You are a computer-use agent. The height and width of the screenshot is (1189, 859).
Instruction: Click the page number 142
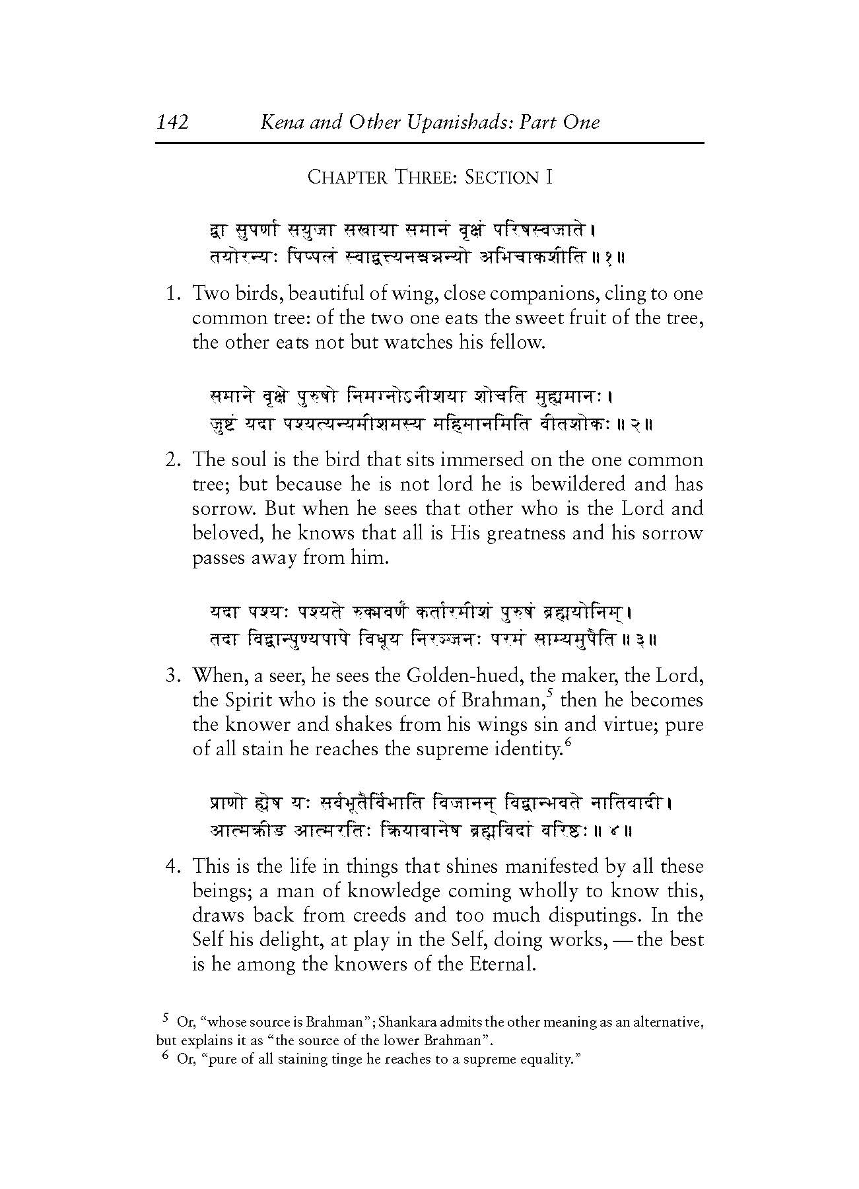pos(173,122)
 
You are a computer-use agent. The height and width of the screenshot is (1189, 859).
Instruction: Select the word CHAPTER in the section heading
pos(347,178)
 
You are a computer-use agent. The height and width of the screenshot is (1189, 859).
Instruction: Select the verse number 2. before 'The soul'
pos(174,459)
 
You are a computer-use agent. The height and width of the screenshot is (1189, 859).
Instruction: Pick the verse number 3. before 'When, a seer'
pos(174,676)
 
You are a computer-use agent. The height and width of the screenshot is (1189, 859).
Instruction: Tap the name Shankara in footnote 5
pos(414,1023)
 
